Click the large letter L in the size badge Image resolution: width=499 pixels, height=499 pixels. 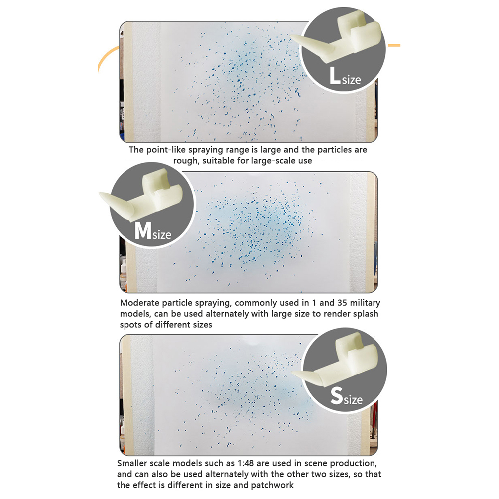click(x=335, y=75)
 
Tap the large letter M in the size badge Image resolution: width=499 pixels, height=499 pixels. click(x=142, y=230)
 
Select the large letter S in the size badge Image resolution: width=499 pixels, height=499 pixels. click(x=336, y=395)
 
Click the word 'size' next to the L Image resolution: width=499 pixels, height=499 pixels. click(x=351, y=80)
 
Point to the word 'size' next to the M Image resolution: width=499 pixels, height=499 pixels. click(x=162, y=234)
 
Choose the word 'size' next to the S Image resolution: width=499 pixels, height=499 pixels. click(x=353, y=400)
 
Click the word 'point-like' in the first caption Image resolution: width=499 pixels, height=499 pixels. click(x=165, y=150)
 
